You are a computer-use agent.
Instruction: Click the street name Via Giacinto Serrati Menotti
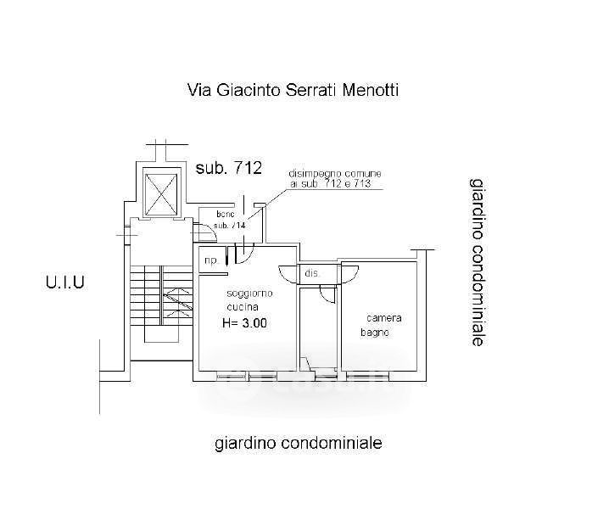pyautogui.click(x=292, y=91)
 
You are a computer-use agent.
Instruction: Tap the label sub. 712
pyautogui.click(x=228, y=167)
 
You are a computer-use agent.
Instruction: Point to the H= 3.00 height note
pyautogui.click(x=244, y=322)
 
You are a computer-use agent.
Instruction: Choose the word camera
pyautogui.click(x=383, y=318)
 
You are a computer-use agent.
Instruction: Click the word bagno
pyautogui.click(x=374, y=333)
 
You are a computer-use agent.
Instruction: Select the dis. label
pyautogui.click(x=312, y=273)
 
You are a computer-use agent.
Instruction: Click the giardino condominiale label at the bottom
pyautogui.click(x=298, y=443)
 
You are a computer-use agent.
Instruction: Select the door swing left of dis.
pyautogui.click(x=289, y=274)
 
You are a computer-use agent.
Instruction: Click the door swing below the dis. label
pyautogui.click(x=327, y=292)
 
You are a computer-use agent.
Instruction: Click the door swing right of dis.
pyautogui.click(x=349, y=273)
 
